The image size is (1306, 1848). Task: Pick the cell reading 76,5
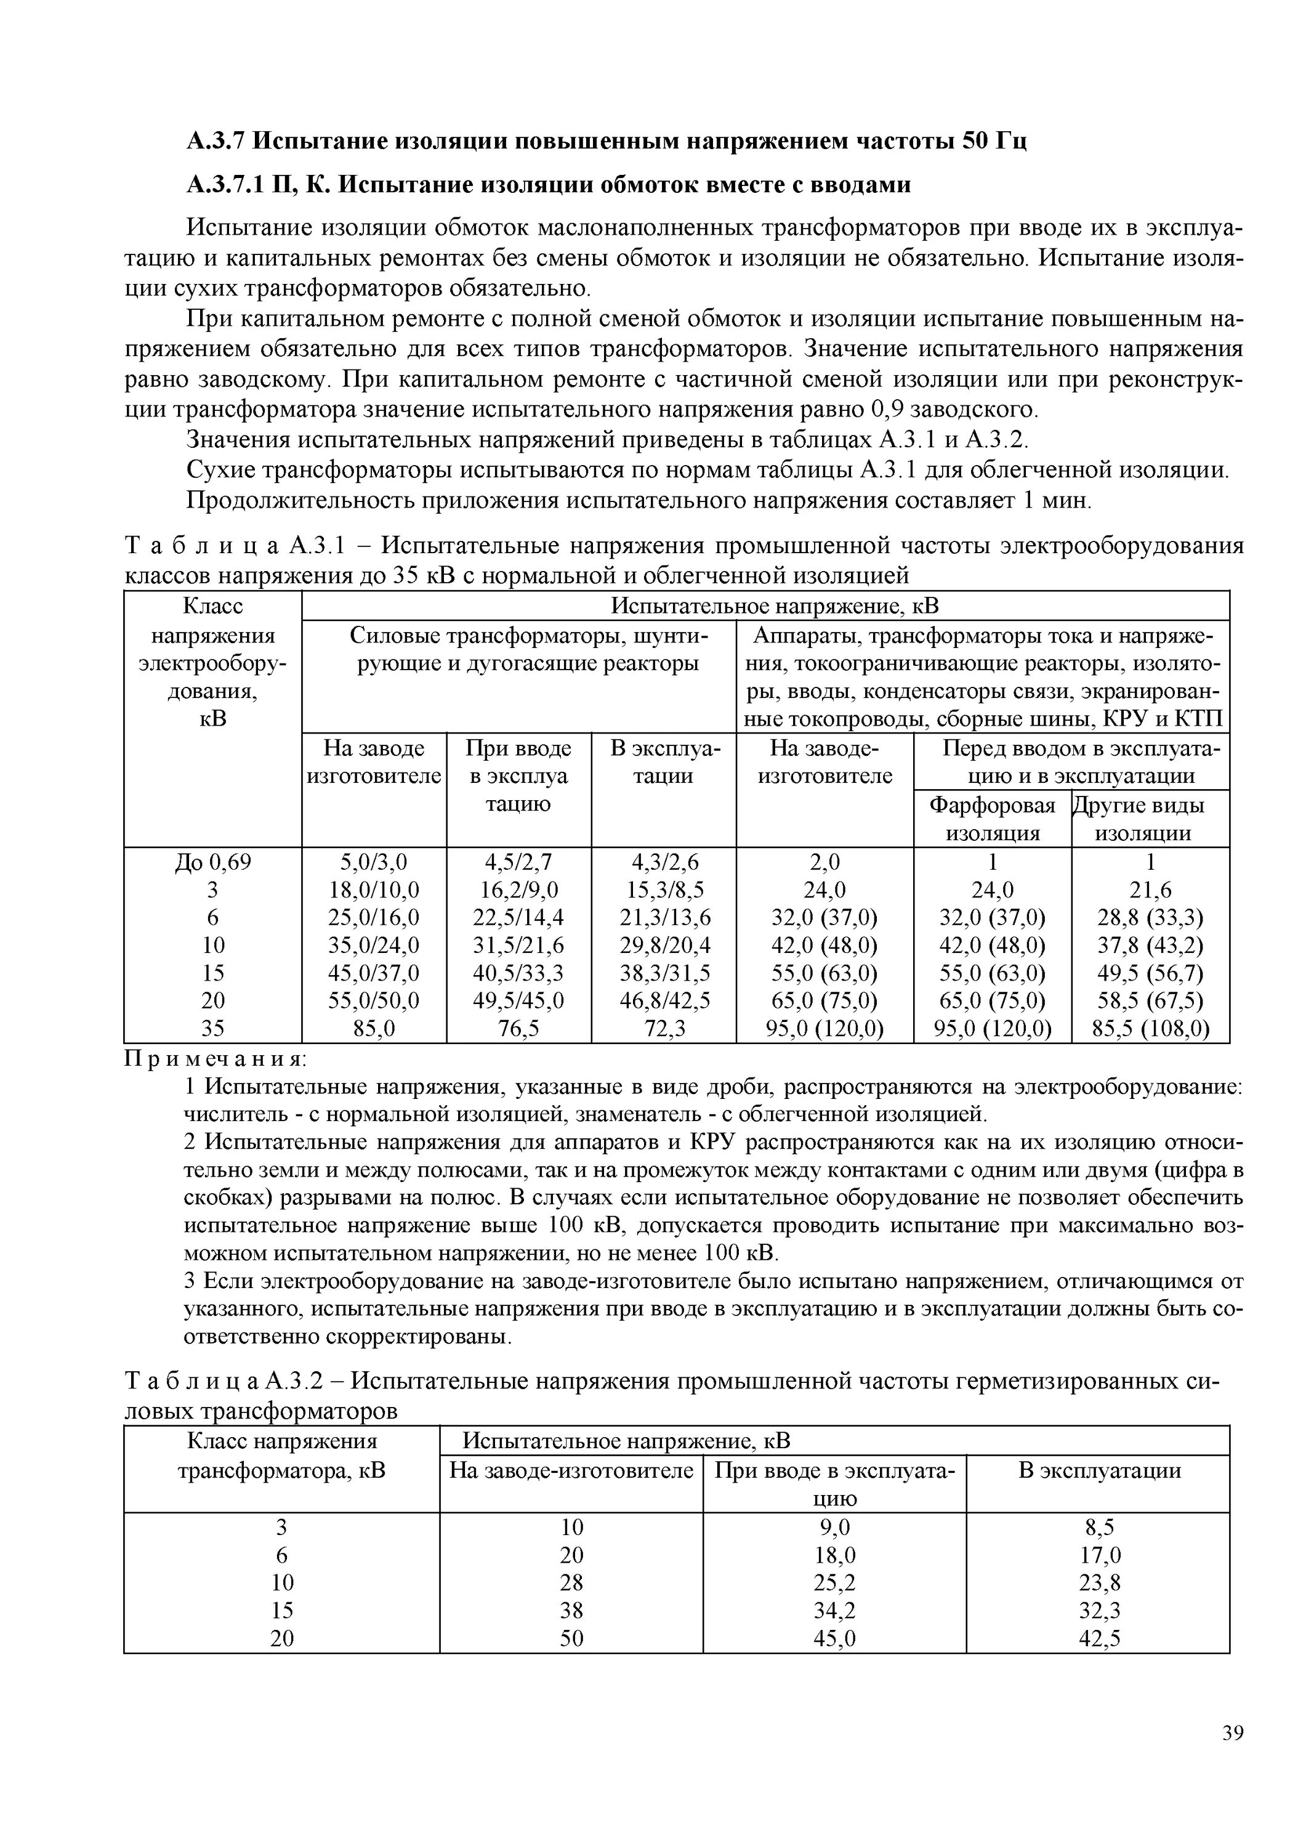[518, 1029]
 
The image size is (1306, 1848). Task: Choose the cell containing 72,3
[663, 1029]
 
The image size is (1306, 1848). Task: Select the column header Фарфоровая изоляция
[992, 819]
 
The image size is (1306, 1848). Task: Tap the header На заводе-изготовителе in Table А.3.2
[571, 1470]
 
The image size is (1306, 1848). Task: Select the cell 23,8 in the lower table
[1099, 1583]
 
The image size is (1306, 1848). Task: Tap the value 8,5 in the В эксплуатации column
[1099, 1527]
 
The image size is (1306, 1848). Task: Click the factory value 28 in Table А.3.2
[571, 1583]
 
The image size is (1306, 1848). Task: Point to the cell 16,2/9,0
[518, 890]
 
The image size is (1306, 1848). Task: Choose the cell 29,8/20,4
[664, 945]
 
